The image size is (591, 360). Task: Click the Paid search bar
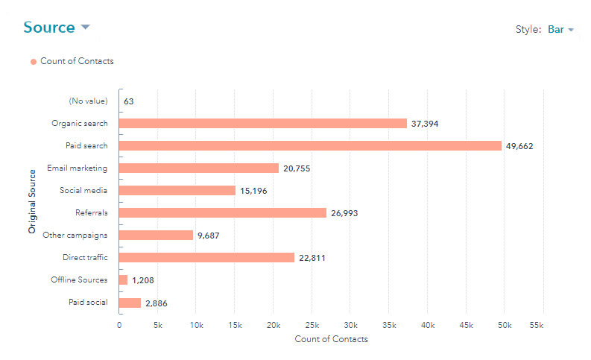point(310,145)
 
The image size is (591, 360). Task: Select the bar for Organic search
point(263,123)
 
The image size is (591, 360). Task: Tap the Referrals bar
point(223,212)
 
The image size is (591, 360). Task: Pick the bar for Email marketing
point(199,168)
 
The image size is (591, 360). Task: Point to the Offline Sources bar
point(123,280)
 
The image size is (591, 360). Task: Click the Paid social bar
point(130,303)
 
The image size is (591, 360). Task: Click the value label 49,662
point(519,146)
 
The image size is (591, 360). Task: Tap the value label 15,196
point(253,191)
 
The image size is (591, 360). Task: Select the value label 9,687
point(210,236)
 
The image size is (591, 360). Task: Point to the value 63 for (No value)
point(129,101)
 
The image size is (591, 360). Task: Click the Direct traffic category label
point(85,258)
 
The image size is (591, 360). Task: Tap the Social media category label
point(83,191)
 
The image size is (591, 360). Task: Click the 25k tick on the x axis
point(312,326)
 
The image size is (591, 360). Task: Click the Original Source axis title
point(32,202)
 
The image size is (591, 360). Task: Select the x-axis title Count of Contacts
point(331,339)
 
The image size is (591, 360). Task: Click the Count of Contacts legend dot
point(34,62)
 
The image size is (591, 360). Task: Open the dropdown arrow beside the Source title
point(85,28)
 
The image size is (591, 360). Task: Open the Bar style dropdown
point(560,30)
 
